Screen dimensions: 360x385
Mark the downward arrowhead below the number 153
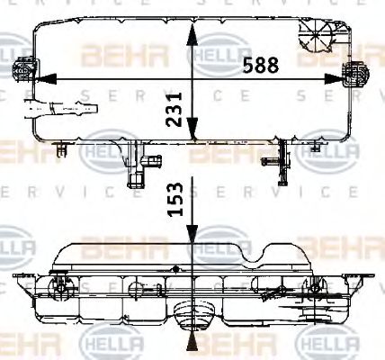coord(191,236)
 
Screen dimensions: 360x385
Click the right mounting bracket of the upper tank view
coord(358,75)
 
